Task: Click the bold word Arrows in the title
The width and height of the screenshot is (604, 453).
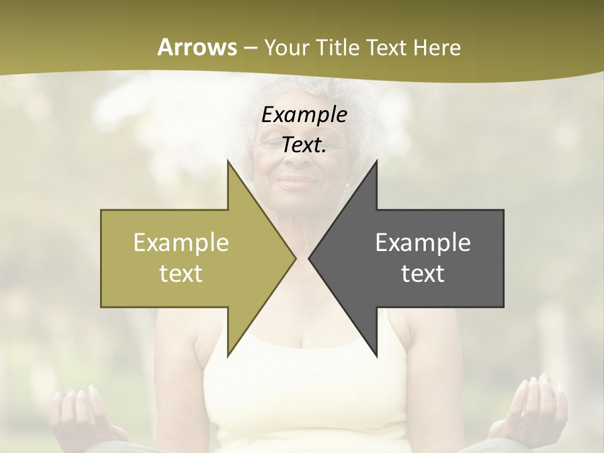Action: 196,47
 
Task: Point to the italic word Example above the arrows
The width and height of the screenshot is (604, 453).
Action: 304,115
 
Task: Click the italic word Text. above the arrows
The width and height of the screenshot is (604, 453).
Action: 304,145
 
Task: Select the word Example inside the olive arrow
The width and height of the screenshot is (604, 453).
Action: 181,243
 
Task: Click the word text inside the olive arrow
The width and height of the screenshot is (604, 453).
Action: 181,273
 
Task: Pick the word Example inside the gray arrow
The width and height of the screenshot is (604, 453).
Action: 422,243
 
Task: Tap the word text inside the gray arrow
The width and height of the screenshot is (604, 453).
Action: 422,273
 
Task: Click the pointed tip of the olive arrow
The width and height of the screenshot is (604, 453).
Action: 296,258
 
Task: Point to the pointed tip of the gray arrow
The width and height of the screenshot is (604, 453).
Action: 309,258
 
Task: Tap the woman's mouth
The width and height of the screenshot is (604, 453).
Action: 298,183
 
